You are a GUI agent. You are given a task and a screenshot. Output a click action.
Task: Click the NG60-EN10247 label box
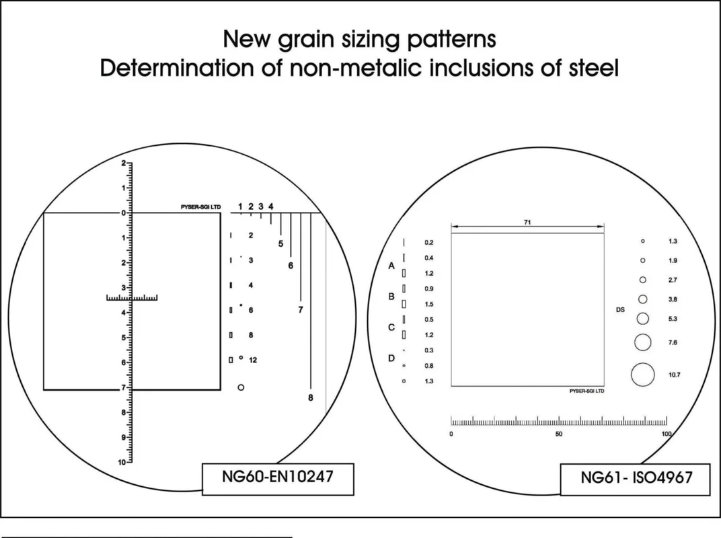click(x=278, y=479)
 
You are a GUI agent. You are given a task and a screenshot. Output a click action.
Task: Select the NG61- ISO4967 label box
click(x=635, y=479)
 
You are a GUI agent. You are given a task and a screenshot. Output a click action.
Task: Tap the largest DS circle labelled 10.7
click(x=643, y=375)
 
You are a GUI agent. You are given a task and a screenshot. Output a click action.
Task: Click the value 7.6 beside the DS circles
click(x=673, y=342)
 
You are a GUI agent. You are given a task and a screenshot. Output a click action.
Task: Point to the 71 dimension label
click(x=527, y=222)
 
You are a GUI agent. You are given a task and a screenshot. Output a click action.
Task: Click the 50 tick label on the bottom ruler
click(x=559, y=434)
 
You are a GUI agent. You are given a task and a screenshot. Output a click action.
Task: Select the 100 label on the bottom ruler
click(x=667, y=434)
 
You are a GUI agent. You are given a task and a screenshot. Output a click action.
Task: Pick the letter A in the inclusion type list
click(x=391, y=266)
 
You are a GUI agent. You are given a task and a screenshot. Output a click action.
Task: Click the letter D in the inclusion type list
click(x=391, y=358)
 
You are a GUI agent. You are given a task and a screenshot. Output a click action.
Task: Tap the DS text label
click(x=620, y=310)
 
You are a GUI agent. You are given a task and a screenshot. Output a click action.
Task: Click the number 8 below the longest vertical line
click(x=310, y=397)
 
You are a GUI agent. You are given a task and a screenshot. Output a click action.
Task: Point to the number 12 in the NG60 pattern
click(x=253, y=360)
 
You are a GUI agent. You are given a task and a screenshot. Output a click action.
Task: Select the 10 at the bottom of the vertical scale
click(x=122, y=462)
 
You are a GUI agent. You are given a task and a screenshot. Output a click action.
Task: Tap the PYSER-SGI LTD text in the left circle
click(x=200, y=207)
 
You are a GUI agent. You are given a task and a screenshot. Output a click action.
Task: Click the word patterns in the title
click(x=453, y=40)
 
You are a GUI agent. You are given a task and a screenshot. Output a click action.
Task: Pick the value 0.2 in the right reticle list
click(x=429, y=242)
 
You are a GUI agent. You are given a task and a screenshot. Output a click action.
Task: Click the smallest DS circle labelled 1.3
click(x=643, y=241)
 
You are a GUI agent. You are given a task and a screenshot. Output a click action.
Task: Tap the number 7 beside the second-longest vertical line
click(x=300, y=309)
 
